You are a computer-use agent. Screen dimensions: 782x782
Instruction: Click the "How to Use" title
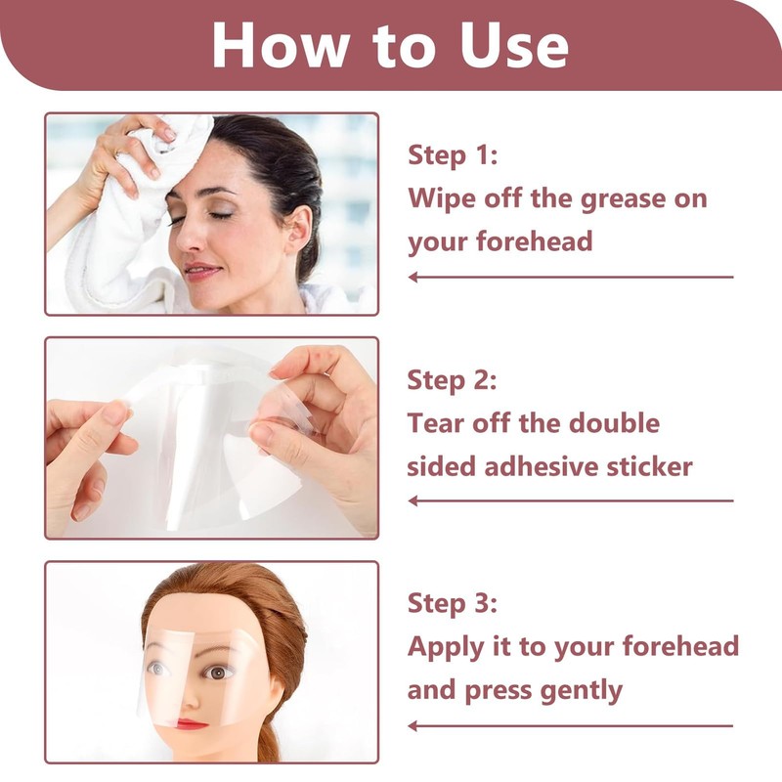coord(390,44)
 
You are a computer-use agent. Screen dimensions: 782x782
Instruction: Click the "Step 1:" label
coord(453,155)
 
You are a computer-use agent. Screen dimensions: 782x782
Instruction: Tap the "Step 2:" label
coord(453,379)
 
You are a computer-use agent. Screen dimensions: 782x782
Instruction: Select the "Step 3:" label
coord(453,603)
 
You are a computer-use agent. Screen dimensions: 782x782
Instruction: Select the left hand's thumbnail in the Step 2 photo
coord(115,413)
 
